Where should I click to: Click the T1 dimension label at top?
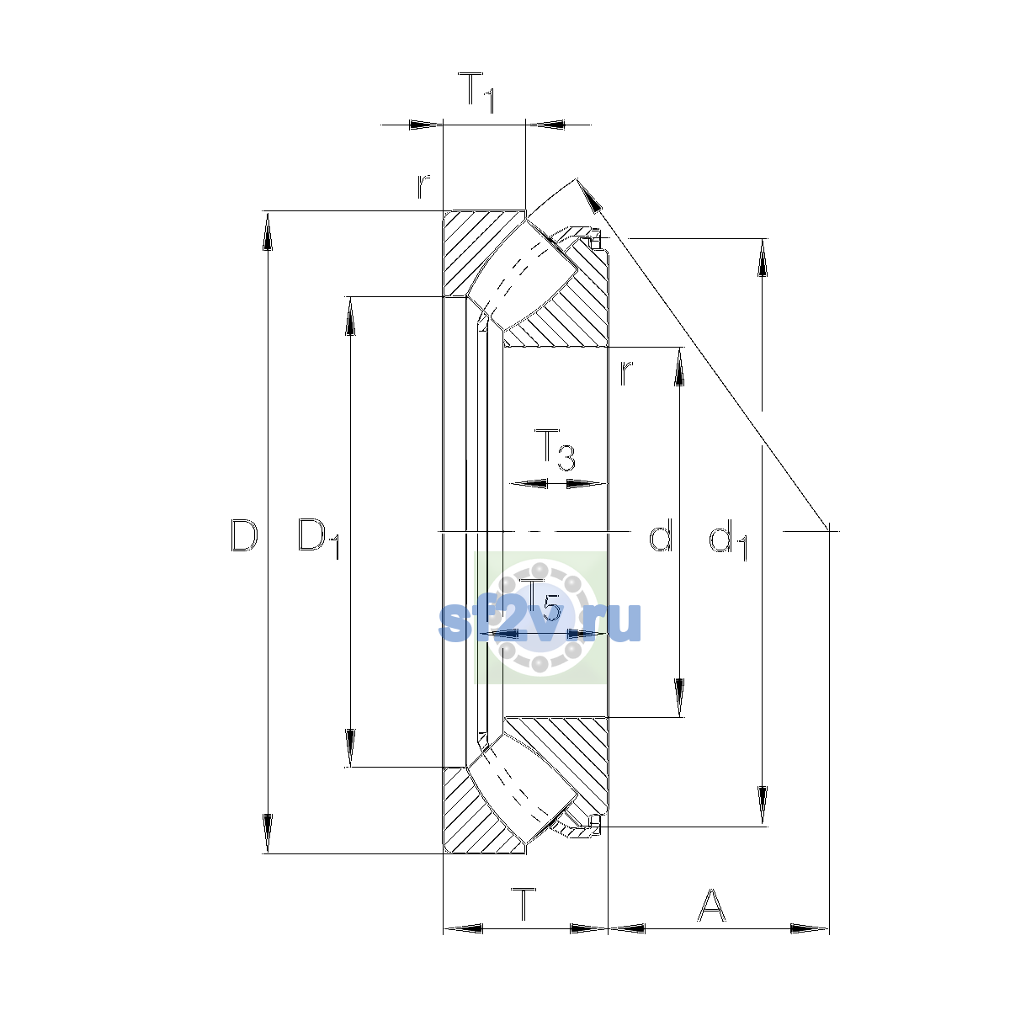point(476,93)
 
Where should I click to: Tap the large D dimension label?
point(244,535)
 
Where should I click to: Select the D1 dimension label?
point(319,539)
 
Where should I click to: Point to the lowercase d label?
point(660,535)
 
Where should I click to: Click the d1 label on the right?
point(728,540)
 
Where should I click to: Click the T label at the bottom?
point(524,904)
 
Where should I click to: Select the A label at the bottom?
point(711,905)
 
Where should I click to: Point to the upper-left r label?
point(423,187)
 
